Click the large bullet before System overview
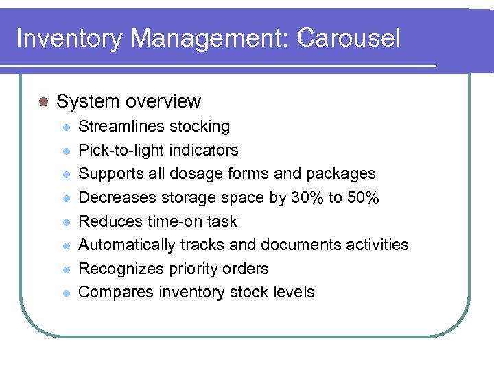pos(43,101)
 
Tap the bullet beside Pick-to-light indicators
pos(65,151)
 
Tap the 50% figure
pos(363,198)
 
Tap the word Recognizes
pos(121,269)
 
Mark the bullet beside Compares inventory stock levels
pos(65,293)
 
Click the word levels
pos(295,292)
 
